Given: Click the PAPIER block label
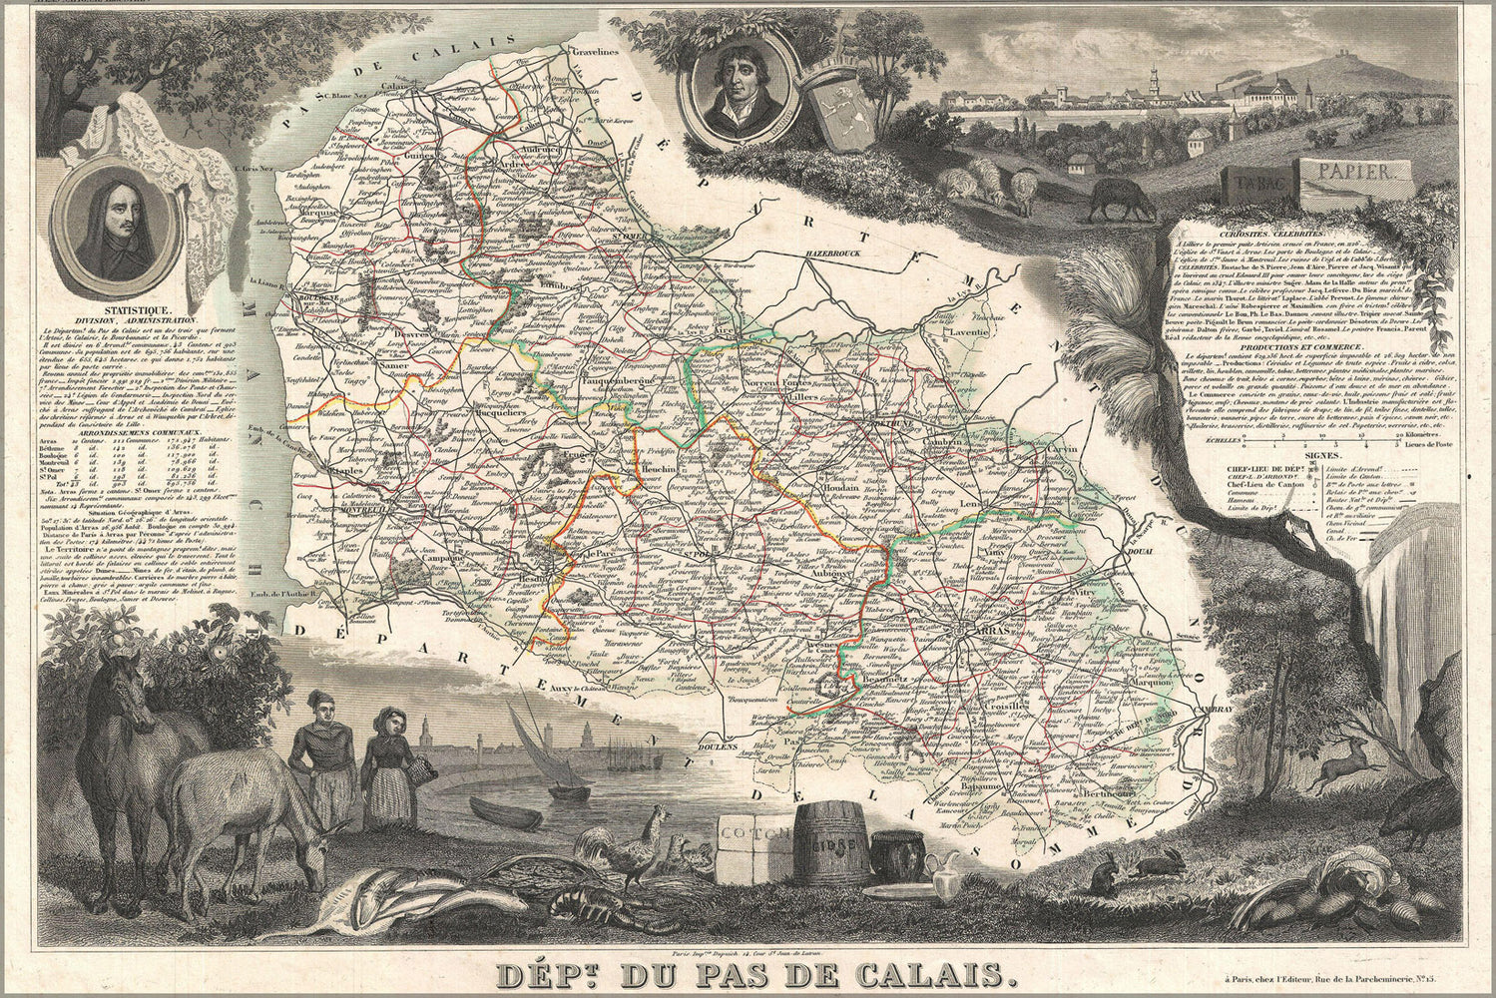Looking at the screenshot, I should [1352, 173].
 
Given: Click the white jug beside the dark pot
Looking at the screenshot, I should [942, 874].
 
